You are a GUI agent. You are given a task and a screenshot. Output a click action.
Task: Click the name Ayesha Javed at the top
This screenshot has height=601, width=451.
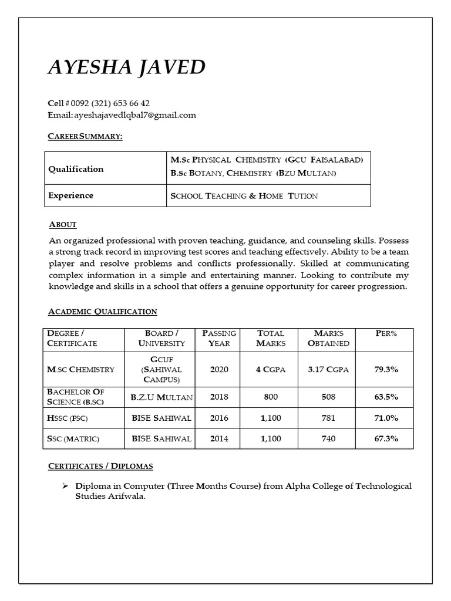coord(126,67)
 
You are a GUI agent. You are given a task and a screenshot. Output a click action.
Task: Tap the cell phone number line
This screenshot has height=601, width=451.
coord(99,103)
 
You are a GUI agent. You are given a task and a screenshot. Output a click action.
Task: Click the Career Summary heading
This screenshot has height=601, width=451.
coord(85,136)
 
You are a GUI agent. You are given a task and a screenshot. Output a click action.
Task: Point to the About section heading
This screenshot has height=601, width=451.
coord(63,225)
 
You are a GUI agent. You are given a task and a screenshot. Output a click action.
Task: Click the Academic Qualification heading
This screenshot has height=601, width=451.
coord(103,312)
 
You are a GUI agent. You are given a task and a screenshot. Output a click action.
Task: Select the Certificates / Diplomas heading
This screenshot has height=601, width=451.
coord(100,466)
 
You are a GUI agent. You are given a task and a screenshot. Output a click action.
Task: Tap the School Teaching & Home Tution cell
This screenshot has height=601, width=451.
coord(244,196)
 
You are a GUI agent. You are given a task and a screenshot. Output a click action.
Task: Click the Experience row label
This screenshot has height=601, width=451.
coord(70,195)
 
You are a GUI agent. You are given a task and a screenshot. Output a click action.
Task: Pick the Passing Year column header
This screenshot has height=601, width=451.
coord(219,338)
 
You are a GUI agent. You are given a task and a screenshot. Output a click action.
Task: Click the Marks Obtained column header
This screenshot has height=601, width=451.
coord(328,338)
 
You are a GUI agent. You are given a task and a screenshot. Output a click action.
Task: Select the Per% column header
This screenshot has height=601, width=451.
coord(386,333)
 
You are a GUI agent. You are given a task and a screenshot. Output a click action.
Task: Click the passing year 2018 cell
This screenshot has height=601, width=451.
coord(219,397)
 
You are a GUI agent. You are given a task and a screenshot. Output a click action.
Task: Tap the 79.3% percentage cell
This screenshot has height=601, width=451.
coord(386,370)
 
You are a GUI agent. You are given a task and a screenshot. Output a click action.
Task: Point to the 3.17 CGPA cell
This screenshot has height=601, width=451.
coord(328,370)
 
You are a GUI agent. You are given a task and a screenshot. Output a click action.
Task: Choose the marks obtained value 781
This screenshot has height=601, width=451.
coord(328,418)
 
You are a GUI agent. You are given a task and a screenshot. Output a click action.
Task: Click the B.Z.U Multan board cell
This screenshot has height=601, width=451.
coord(161,397)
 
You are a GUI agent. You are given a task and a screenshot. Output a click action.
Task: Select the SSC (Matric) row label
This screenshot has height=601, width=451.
coord(73,438)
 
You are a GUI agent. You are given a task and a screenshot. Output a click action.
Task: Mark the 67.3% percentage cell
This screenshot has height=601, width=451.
coord(386,438)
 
